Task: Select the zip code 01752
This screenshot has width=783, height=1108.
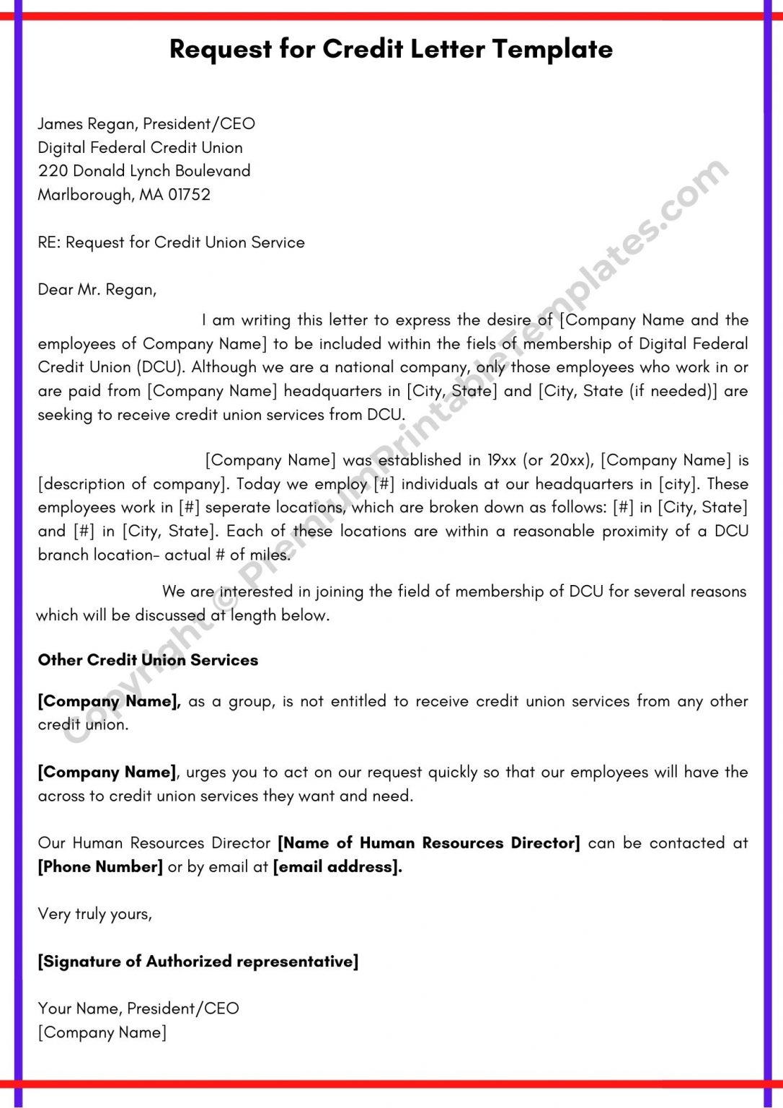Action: click(x=189, y=195)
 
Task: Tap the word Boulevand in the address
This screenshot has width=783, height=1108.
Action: click(x=213, y=171)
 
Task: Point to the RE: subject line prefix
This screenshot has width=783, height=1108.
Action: click(x=49, y=242)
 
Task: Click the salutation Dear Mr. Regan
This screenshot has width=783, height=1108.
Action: click(x=97, y=290)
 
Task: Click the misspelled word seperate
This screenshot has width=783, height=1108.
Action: click(x=236, y=508)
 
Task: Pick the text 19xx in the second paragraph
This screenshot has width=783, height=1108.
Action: click(x=502, y=460)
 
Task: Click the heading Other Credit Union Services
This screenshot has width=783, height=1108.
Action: click(x=148, y=660)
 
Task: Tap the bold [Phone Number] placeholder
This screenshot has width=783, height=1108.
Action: click(x=100, y=867)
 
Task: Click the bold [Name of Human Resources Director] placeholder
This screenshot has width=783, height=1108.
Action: click(x=429, y=843)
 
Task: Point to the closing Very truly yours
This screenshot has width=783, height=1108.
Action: click(x=94, y=914)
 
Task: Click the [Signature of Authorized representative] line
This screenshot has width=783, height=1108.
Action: click(x=198, y=962)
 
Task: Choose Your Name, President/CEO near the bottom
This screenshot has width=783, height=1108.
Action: click(x=138, y=1008)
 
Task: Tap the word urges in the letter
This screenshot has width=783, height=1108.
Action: click(x=206, y=773)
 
